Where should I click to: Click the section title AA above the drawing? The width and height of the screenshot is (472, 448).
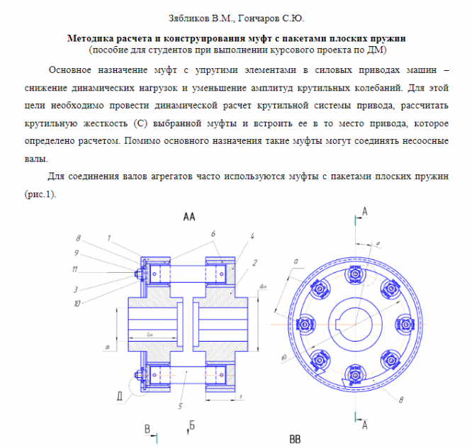(x=189, y=215)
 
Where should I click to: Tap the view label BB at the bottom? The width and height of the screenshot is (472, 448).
(x=295, y=439)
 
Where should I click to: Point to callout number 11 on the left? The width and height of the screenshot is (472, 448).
(x=76, y=270)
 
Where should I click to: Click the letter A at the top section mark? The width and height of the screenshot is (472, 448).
(x=364, y=211)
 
